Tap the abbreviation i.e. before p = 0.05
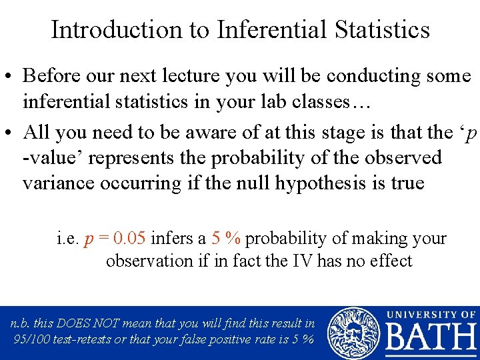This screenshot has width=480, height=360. pos(69,239)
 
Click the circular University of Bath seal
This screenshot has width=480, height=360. pos(353,332)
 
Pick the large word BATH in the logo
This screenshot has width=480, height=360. pos(430,338)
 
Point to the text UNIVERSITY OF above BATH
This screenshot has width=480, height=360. pos(431,314)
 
